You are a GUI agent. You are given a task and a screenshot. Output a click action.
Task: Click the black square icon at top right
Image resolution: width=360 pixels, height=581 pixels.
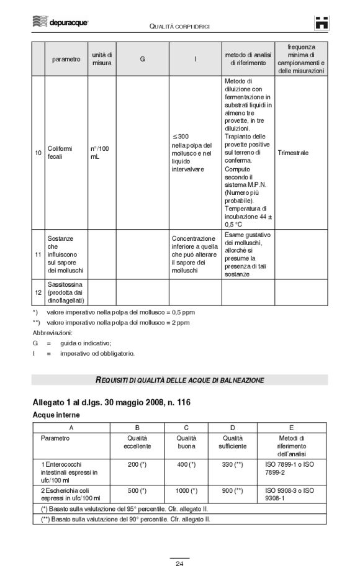[x=322, y=22]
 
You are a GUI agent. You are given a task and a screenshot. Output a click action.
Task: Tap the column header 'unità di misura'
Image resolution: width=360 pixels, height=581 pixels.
[x=102, y=59]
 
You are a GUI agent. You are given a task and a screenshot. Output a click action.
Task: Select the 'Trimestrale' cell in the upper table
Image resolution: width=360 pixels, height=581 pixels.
[x=293, y=152]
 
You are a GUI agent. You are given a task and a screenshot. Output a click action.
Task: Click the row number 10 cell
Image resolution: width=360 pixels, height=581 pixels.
[x=38, y=152]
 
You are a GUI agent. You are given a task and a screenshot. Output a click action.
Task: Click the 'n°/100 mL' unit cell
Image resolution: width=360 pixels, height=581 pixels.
[x=100, y=152]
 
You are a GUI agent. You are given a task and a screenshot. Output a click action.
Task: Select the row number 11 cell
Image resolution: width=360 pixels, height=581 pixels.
[x=38, y=254]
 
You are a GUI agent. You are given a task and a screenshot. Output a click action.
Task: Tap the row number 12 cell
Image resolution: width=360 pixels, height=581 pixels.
[x=38, y=292]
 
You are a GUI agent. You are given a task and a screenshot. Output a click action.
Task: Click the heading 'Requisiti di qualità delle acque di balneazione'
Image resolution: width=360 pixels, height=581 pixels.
[x=179, y=379]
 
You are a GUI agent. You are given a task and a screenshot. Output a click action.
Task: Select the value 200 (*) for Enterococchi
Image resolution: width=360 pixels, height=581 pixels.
[x=137, y=464]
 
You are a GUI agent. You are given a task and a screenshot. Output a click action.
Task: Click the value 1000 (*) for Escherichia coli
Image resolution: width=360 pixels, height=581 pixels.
[x=186, y=490]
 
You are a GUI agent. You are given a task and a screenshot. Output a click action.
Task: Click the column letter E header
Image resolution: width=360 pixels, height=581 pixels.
[x=291, y=428]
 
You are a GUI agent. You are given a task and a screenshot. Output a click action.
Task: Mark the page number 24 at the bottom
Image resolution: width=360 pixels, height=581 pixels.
[x=179, y=564]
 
